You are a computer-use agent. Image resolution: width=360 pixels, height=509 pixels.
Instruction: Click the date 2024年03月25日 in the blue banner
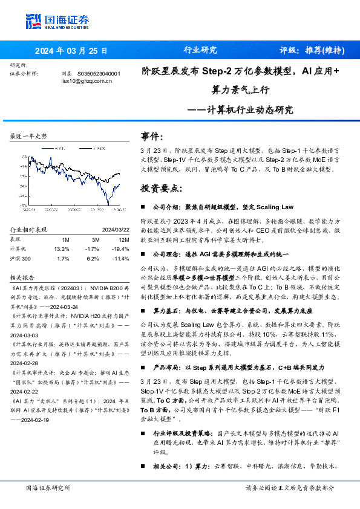coord(71,51)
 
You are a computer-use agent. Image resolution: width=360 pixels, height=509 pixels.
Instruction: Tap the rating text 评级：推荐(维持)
coord(313,51)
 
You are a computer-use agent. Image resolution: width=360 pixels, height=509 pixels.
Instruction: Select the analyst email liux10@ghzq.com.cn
coord(87,80)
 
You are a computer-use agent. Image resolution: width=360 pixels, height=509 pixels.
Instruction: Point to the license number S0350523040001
coord(100,73)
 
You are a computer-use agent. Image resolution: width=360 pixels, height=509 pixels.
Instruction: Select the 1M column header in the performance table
coord(65,239)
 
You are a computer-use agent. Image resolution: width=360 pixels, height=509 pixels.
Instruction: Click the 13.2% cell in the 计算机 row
coord(62,248)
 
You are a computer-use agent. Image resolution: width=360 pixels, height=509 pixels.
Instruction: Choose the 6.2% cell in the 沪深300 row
coord(93,258)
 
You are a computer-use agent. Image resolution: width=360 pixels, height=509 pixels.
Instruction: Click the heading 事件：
coord(152,136)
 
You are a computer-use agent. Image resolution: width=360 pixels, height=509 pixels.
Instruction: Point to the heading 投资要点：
coord(160,189)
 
